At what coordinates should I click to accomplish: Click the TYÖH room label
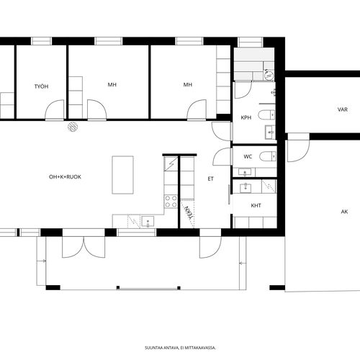click(41, 86)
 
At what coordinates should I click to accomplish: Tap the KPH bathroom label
click(246, 117)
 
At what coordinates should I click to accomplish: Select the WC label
click(248, 157)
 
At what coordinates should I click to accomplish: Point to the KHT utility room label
click(256, 205)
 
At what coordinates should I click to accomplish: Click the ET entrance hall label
click(210, 179)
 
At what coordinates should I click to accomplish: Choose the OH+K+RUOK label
click(65, 177)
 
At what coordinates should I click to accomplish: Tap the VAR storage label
click(343, 109)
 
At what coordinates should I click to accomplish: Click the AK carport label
click(344, 212)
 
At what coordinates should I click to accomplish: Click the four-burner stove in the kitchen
click(171, 202)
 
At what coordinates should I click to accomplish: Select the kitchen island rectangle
click(122, 175)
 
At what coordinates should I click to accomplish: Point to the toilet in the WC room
click(268, 156)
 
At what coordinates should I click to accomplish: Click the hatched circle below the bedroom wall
click(73, 127)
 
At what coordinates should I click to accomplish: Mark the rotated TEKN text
click(189, 212)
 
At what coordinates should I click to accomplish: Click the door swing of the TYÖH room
click(55, 109)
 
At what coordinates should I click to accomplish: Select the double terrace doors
click(84, 247)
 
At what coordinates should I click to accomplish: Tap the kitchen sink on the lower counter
click(148, 222)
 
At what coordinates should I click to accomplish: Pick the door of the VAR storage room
click(298, 148)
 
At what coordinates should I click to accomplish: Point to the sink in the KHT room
click(246, 187)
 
